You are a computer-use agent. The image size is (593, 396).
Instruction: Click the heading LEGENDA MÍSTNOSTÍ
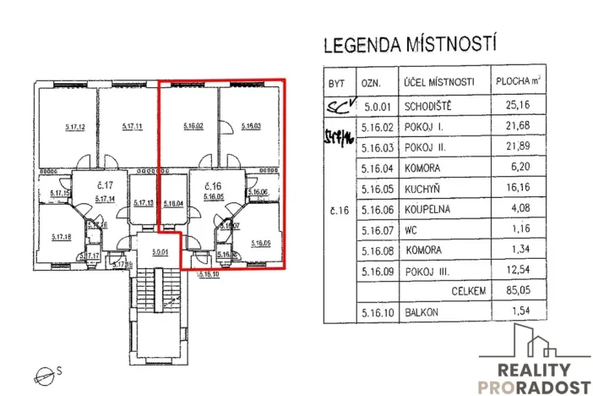[x=410, y=44]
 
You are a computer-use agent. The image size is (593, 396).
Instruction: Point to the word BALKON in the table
[x=427, y=313]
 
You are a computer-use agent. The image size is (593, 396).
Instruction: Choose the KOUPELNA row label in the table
[x=433, y=228]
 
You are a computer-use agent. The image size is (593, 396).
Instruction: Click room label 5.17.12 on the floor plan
[x=76, y=127]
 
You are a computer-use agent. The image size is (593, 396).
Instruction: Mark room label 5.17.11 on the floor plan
[x=133, y=127]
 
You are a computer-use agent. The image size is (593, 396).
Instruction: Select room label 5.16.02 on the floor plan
[x=193, y=127]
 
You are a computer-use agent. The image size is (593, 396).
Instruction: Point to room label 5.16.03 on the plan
[x=251, y=127]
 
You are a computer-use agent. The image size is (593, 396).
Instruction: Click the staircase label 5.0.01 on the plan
[x=160, y=251]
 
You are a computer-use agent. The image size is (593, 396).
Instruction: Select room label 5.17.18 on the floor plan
[x=59, y=237]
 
